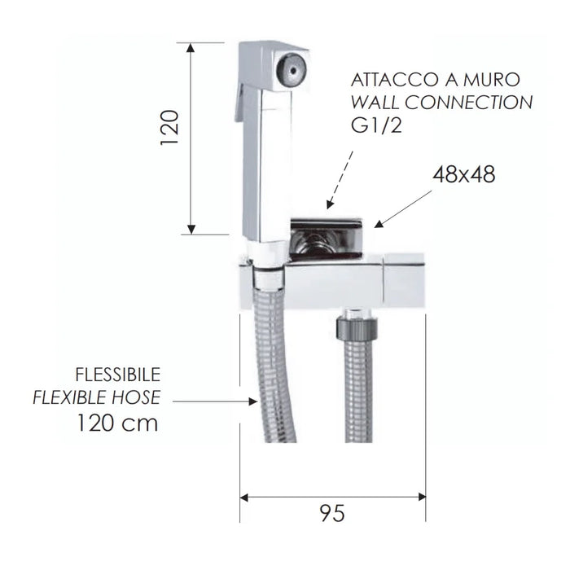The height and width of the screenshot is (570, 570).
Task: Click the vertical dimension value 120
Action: tap(169, 128)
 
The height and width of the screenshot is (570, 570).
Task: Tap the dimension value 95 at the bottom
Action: tap(333, 513)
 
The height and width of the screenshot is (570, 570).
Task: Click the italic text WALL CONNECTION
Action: tap(441, 103)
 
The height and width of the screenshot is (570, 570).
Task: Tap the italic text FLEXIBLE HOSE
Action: tap(96, 397)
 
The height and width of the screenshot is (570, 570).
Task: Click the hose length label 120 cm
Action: tap(117, 423)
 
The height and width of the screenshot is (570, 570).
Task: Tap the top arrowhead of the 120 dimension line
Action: tap(191, 47)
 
